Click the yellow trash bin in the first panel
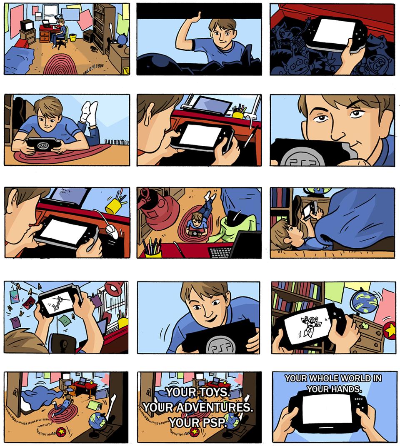tap(73, 37)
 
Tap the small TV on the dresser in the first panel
tap(27, 25)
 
